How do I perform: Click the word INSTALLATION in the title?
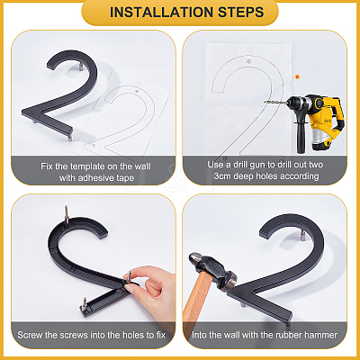(161, 13)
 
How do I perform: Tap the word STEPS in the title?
(241, 13)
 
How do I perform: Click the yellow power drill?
(312, 120)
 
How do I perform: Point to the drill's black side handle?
(301, 137)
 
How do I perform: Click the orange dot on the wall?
(297, 76)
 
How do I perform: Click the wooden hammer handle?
(196, 297)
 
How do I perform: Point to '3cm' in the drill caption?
(222, 176)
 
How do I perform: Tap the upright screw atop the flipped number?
(67, 214)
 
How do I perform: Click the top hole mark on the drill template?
(248, 61)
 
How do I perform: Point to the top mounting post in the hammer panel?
(301, 236)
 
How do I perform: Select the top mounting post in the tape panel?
(80, 67)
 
